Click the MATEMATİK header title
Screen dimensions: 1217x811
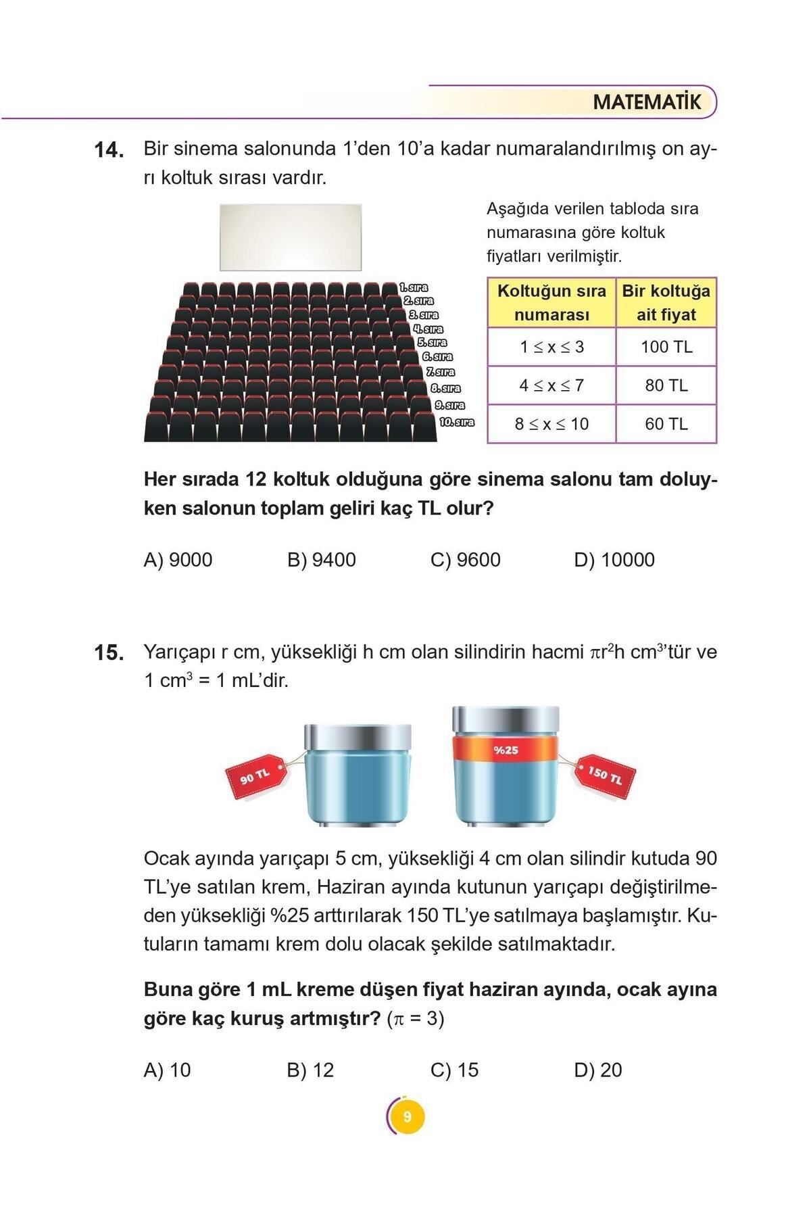click(647, 103)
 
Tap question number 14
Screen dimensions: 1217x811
click(108, 150)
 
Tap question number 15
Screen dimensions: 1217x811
click(108, 653)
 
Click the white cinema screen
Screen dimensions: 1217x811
click(291, 237)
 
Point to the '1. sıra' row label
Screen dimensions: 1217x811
click(414, 288)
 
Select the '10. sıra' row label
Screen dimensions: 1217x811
click(457, 422)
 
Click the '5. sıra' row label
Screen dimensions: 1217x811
click(432, 343)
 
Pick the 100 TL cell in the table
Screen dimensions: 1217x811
click(666, 347)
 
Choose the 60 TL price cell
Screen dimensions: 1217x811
click(666, 424)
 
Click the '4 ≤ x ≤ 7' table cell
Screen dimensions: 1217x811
click(551, 385)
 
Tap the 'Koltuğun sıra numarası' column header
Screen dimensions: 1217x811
click(551, 303)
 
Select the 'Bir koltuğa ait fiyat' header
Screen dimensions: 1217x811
click(666, 303)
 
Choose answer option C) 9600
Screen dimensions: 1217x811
click(465, 560)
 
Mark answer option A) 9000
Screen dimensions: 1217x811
click(178, 560)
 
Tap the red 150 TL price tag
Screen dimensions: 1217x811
click(604, 774)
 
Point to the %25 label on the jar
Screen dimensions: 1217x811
click(506, 750)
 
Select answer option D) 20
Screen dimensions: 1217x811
click(597, 1070)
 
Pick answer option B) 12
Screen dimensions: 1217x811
click(310, 1070)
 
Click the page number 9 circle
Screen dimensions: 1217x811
click(406, 1116)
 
